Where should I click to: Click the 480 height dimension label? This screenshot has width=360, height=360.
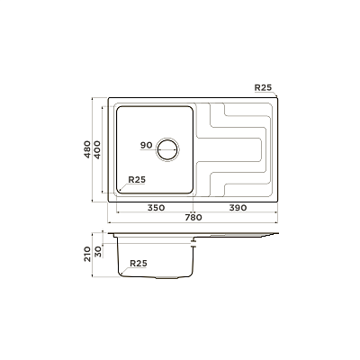pyautogui.click(x=87, y=149)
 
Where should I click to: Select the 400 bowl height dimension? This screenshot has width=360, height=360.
pyautogui.click(x=97, y=149)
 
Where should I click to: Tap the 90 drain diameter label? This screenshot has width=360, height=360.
pyautogui.click(x=147, y=146)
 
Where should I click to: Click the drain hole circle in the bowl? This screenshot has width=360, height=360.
pyautogui.click(x=167, y=149)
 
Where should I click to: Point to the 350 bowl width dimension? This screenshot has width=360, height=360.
pyautogui.click(x=156, y=208)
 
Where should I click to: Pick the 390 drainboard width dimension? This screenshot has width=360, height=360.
pyautogui.click(x=238, y=208)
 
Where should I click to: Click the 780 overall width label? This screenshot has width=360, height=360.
pyautogui.click(x=193, y=217)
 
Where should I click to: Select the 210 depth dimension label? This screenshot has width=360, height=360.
pyautogui.click(x=87, y=254)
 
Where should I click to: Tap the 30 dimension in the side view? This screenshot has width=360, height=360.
pyautogui.click(x=98, y=252)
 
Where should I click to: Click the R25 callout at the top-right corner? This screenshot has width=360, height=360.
pyautogui.click(x=263, y=87)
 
